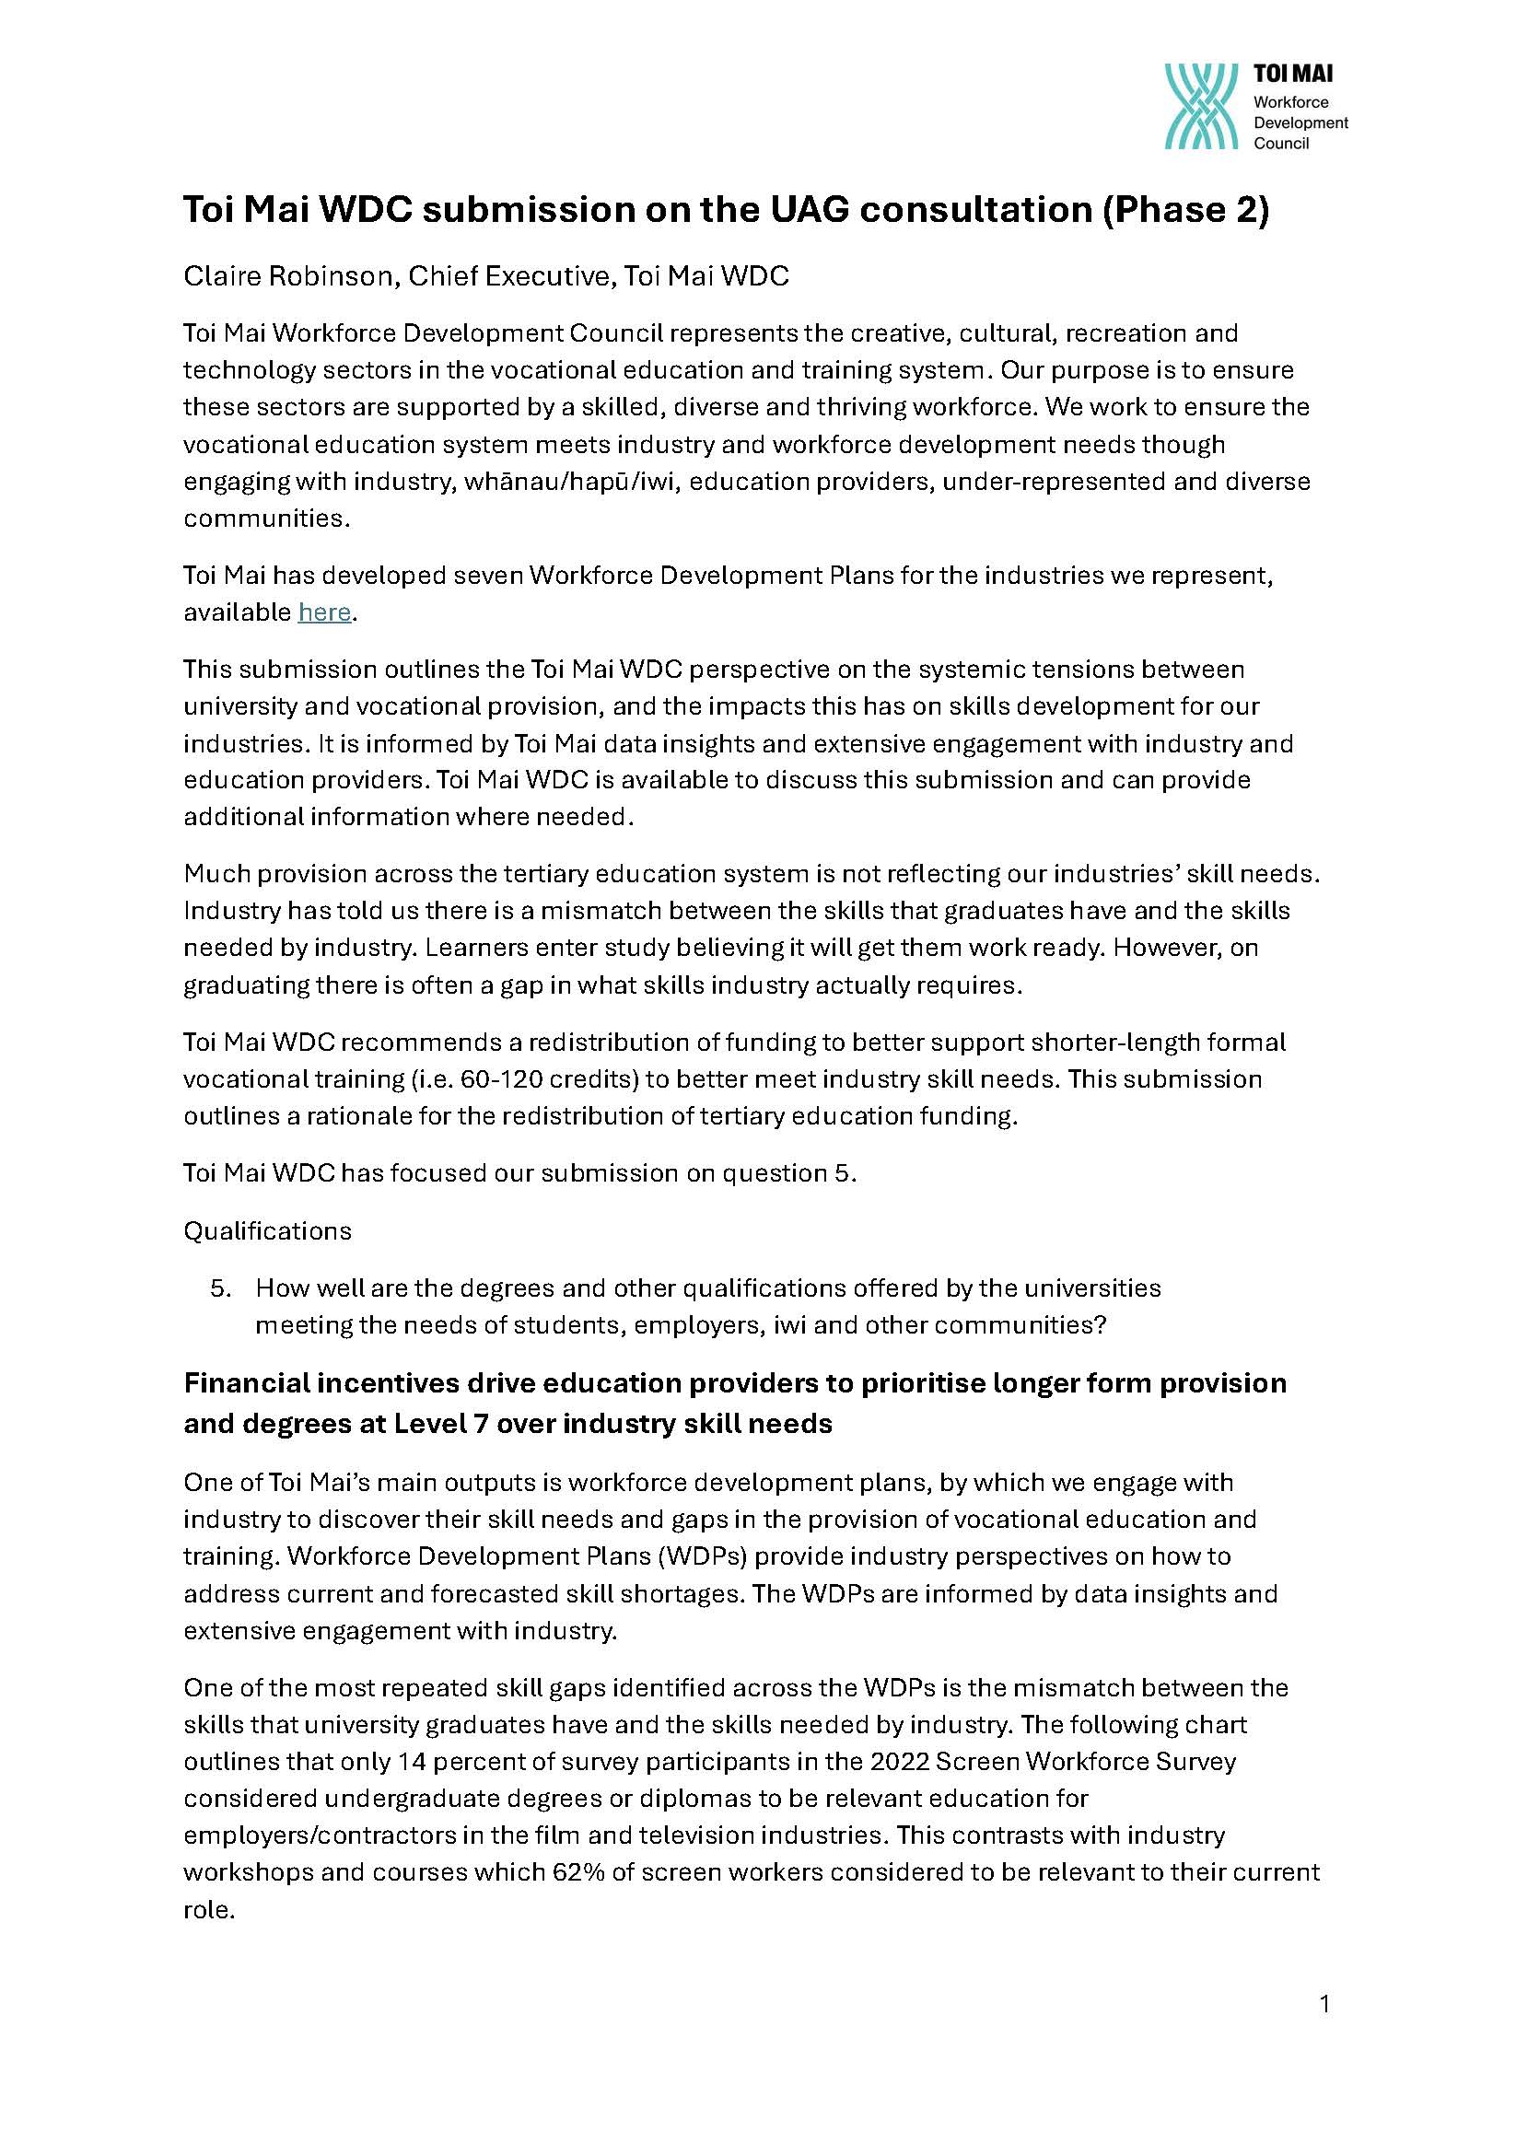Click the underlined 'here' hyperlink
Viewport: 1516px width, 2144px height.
tap(324, 612)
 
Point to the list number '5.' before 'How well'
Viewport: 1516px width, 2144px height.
tap(220, 1288)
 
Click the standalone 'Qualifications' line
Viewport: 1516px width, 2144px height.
tap(267, 1231)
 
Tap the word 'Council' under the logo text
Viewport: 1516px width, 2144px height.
tap(1280, 144)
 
